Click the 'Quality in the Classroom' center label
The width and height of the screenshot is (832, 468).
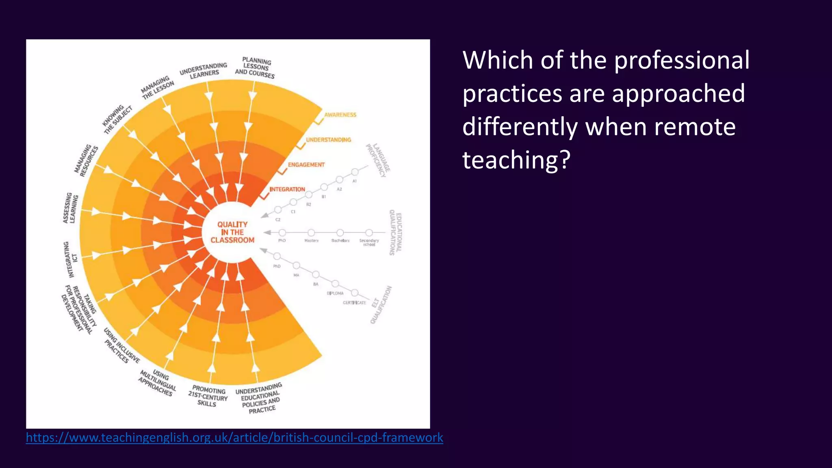pos(232,232)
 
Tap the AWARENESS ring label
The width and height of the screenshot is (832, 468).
pos(340,115)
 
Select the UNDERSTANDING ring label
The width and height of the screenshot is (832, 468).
pos(328,140)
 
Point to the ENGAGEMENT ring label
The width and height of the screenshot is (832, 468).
pos(306,165)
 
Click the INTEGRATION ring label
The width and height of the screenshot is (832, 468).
pos(287,189)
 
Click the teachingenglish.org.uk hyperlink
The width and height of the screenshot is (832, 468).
pos(234,438)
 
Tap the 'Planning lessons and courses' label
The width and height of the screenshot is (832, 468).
pos(255,67)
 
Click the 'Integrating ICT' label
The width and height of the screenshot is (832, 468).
pos(70,259)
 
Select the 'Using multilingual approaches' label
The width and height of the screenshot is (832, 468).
pos(158,383)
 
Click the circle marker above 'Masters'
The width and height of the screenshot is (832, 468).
pos(311,232)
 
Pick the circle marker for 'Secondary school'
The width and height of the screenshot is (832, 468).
pos(369,232)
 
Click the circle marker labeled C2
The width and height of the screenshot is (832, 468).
pos(278,210)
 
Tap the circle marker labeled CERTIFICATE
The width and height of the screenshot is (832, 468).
pos(355,293)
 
